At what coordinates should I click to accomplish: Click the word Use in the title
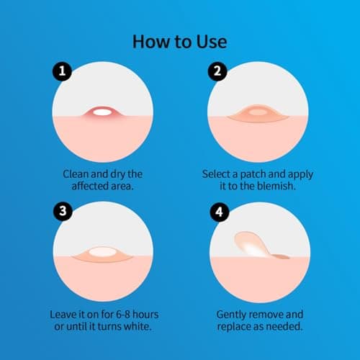tap(206, 41)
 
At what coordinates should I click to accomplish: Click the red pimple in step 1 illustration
tap(104, 113)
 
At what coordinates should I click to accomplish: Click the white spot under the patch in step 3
tap(104, 254)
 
